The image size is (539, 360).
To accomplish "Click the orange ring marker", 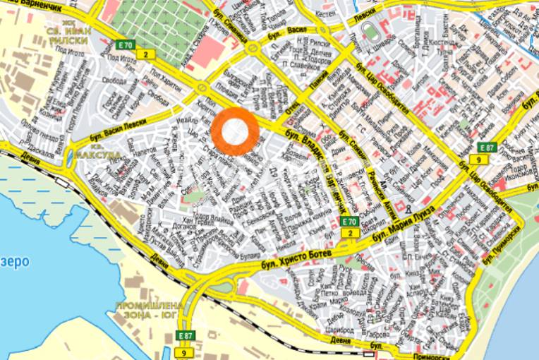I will pyautogui.click(x=235, y=131).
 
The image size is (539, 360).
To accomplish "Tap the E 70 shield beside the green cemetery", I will pyautogui.click(x=125, y=45).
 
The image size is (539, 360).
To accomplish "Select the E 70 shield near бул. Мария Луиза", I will pyautogui.click(x=349, y=222).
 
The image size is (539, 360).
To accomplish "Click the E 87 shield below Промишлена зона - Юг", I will pyautogui.click(x=185, y=335).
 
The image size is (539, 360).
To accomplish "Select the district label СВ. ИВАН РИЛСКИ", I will pyautogui.click(x=66, y=35).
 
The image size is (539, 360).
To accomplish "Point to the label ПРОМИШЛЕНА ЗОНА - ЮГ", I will pyautogui.click(x=150, y=311).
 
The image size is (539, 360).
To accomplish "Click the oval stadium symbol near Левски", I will pyautogui.click(x=370, y=32).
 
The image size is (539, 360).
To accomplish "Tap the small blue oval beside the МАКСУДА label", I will pyautogui.click(x=71, y=155).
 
